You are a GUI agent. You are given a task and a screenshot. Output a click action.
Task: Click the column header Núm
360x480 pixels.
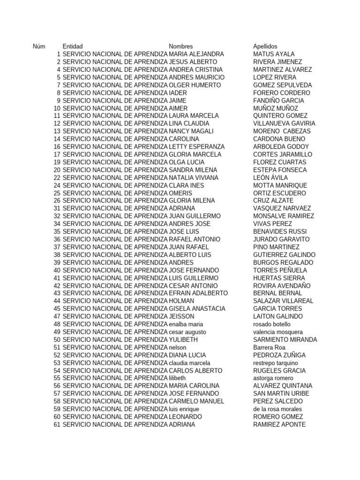pos(39,46)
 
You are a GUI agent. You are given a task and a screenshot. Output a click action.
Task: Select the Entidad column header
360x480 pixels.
pos(72,46)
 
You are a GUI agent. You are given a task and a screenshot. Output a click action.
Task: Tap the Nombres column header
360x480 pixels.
pos(181,46)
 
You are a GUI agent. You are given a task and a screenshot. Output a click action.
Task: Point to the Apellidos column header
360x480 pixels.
pos(265,46)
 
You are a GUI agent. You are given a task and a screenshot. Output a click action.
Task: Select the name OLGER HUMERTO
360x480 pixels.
pos(195,85)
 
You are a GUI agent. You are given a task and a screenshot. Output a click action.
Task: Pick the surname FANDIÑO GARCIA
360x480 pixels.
pos(278,100)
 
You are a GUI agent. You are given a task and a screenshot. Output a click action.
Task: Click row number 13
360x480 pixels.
pos(57,131)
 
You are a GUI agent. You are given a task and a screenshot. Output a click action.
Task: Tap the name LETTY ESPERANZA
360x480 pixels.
pos(196,147)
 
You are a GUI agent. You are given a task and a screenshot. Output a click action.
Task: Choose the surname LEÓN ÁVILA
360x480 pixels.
pos(270,178)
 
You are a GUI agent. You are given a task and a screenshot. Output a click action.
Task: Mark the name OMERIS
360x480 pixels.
pos(180,193)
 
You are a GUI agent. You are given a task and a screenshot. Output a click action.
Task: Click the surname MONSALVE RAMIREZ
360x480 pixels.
pos(284,216)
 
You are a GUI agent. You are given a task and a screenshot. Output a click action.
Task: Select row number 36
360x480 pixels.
pos(57,239)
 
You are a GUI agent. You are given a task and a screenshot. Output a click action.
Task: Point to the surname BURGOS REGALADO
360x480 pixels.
pos(283,262)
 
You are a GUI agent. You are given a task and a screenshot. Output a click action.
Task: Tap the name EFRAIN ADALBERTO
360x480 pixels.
pos(198,293)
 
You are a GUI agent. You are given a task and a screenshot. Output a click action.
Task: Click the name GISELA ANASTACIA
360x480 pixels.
pos(197,308)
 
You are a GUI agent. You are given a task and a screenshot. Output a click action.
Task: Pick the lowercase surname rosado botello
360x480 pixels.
pos(272,324)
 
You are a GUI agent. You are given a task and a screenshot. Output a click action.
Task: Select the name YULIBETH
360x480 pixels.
pos(183,339)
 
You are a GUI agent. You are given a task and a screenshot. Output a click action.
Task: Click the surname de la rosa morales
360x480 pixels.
pos(277,409)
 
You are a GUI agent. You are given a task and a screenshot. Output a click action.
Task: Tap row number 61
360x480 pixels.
pos(57,424)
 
